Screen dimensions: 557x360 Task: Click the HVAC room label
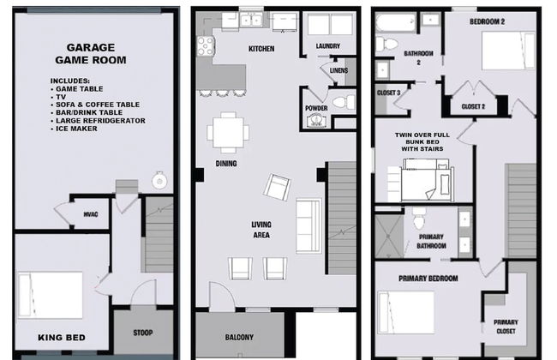91,214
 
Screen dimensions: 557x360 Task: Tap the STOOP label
143,333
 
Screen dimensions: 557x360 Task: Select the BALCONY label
239,337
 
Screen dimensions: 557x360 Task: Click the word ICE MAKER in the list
76,129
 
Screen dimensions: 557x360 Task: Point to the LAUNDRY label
328,45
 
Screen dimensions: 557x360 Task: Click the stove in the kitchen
205,46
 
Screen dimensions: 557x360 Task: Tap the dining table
228,133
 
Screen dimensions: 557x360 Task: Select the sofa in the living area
308,225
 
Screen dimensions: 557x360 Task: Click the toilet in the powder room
344,102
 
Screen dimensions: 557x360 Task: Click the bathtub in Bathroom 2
395,23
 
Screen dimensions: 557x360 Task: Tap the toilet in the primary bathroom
419,218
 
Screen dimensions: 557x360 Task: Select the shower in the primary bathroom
389,236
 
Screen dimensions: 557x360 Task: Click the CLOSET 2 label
473,106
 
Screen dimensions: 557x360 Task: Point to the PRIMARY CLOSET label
506,327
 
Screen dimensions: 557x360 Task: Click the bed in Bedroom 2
508,51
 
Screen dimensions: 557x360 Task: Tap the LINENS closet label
338,70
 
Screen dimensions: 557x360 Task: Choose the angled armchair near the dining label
277,187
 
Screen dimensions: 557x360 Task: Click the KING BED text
62,338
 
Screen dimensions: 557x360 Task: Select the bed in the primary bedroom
405,312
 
